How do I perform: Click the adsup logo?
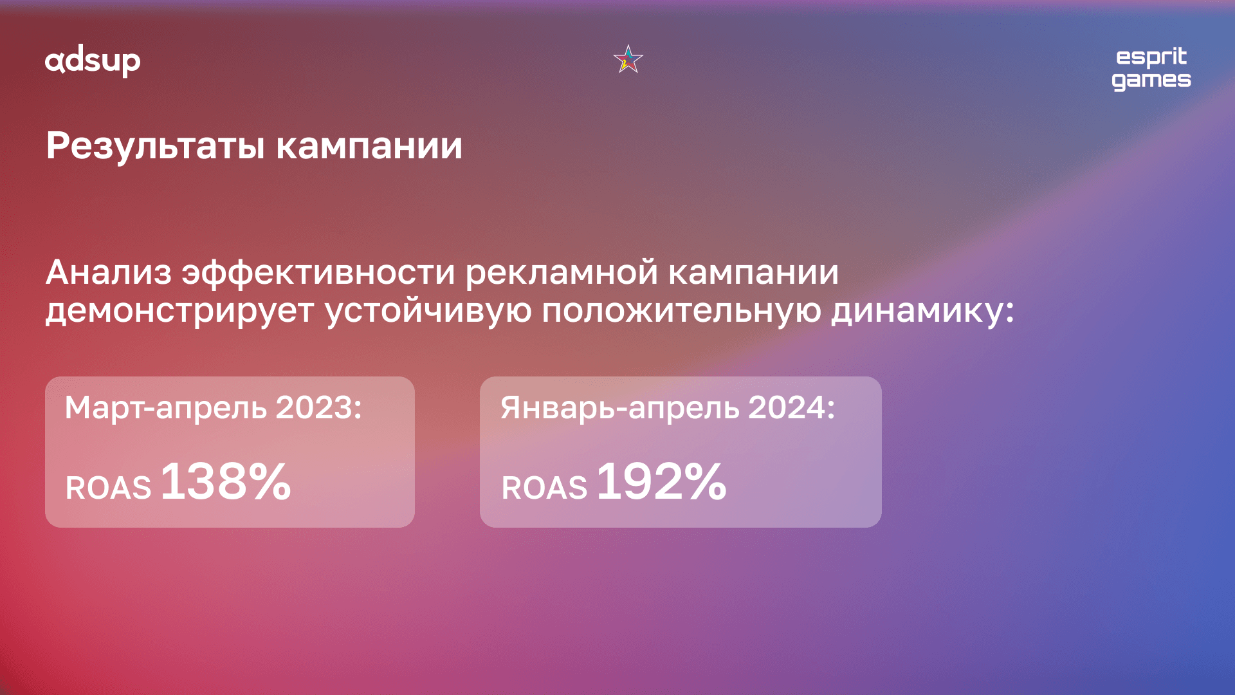pyautogui.click(x=93, y=62)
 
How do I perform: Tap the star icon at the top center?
pyautogui.click(x=628, y=59)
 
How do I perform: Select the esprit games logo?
pyautogui.click(x=1151, y=69)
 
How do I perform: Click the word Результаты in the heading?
pyautogui.click(x=155, y=145)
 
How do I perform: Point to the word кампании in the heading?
pyautogui.click(x=369, y=146)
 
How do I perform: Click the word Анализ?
pyautogui.click(x=109, y=272)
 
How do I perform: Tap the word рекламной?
pyautogui.click(x=562, y=272)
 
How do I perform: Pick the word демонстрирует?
pyautogui.click(x=179, y=311)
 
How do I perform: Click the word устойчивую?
pyautogui.click(x=428, y=310)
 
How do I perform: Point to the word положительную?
pyautogui.click(x=681, y=311)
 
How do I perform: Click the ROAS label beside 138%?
pyautogui.click(x=108, y=488)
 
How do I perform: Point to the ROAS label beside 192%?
pyautogui.click(x=544, y=488)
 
